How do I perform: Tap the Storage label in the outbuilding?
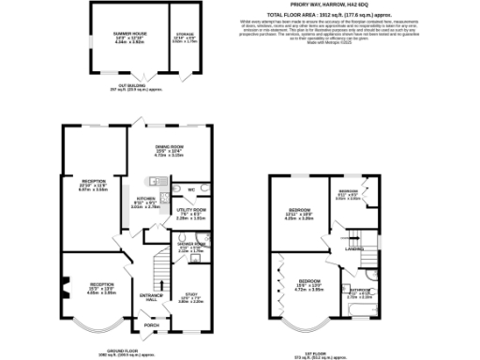click(184, 35)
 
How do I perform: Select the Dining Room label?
click(169, 146)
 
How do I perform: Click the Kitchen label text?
click(145, 199)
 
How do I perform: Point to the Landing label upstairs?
click(353, 249)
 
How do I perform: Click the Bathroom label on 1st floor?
click(360, 291)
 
